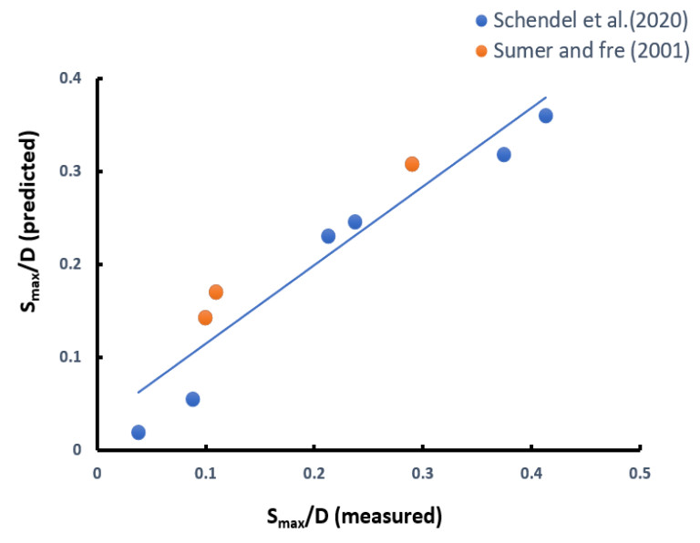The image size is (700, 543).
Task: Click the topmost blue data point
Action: pyautogui.click(x=545, y=116)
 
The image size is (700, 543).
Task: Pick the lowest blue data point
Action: pyautogui.click(x=139, y=432)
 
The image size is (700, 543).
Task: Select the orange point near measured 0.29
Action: pyautogui.click(x=412, y=164)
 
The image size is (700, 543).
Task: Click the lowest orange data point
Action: pyautogui.click(x=205, y=318)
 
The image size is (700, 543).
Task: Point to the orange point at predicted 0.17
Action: pyautogui.click(x=216, y=292)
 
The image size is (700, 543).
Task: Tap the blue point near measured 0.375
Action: pyautogui.click(x=504, y=155)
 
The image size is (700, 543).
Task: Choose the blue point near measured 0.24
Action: pyautogui.click(x=355, y=222)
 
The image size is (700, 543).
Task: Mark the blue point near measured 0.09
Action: pyautogui.click(x=192, y=399)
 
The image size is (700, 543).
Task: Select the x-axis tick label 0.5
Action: pyautogui.click(x=640, y=474)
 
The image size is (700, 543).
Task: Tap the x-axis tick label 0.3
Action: pyautogui.click(x=423, y=474)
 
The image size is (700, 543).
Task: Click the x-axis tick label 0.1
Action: pyautogui.click(x=206, y=474)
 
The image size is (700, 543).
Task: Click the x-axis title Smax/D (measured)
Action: pyautogui.click(x=354, y=517)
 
